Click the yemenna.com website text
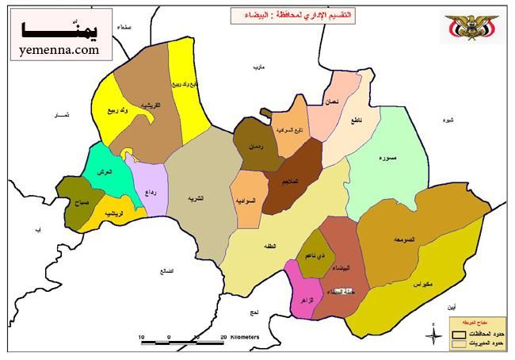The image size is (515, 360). [x=56, y=49]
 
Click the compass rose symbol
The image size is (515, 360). [x=434, y=336]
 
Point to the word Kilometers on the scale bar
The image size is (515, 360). [x=245, y=337]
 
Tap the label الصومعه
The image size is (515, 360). [x=403, y=239]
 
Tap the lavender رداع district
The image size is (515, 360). [x=151, y=191]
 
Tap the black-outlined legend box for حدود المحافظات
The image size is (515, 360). [x=458, y=334]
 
